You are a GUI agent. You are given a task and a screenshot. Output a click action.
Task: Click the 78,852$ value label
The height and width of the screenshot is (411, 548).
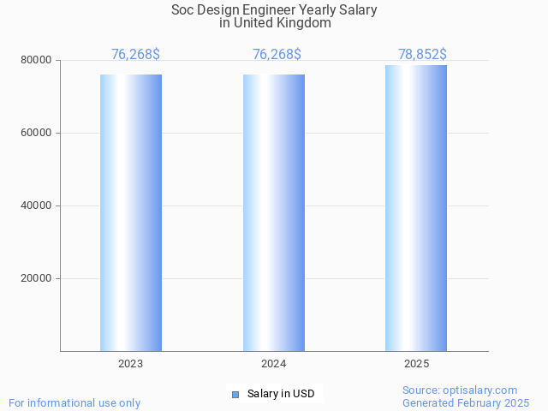(422, 55)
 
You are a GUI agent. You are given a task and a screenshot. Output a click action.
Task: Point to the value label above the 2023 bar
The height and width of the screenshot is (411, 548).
(135, 55)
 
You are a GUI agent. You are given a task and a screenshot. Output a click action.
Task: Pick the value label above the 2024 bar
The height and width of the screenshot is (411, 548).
(277, 55)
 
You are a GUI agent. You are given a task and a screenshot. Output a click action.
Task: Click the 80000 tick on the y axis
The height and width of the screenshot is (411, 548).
(37, 61)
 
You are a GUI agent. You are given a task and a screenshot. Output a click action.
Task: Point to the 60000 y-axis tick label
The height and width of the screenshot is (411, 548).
(37, 134)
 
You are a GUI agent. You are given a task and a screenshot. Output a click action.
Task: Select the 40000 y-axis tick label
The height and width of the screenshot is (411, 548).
(37, 206)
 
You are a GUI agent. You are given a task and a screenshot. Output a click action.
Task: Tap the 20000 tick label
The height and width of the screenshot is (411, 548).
(37, 279)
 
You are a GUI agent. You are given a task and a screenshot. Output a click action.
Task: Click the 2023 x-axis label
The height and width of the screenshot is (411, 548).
(131, 364)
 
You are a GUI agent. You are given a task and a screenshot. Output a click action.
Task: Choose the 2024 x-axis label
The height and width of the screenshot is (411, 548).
(274, 364)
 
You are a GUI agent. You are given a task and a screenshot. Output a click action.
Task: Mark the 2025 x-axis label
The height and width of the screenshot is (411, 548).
(416, 364)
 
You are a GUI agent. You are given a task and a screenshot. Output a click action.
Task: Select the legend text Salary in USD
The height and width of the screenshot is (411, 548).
(281, 394)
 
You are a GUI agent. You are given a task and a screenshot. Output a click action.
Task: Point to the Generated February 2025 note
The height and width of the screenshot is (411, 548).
(466, 402)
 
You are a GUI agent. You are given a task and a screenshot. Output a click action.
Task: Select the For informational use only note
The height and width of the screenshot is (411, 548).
(74, 402)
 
